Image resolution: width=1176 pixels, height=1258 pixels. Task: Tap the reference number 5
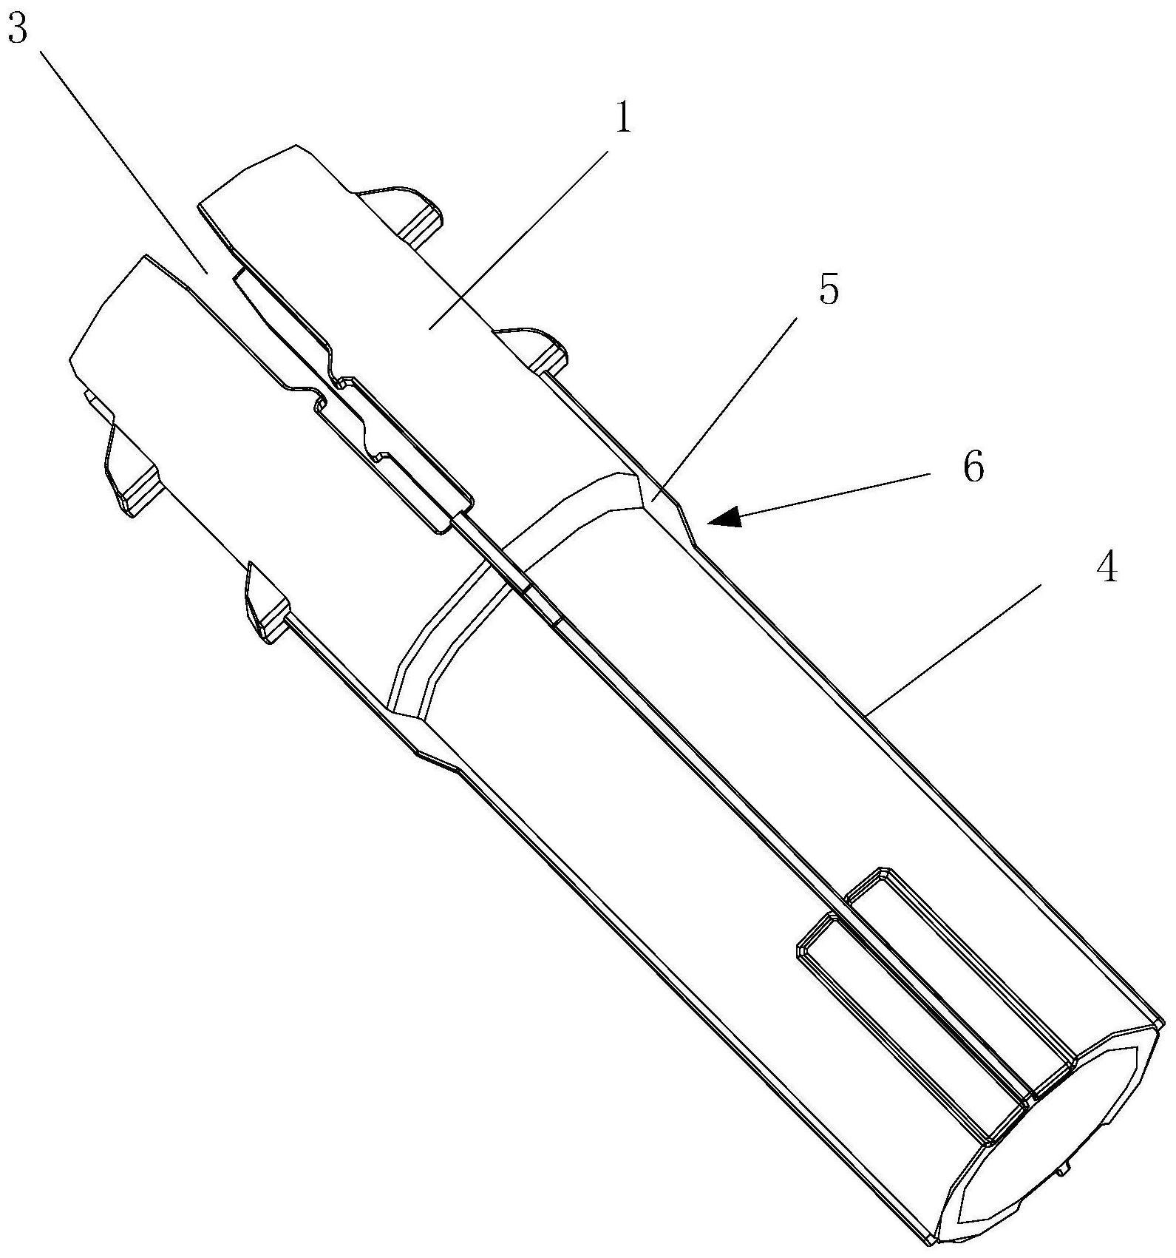tap(829, 290)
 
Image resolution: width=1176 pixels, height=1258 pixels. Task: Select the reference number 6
tap(974, 467)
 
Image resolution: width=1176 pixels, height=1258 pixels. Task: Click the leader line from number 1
tap(517, 237)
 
